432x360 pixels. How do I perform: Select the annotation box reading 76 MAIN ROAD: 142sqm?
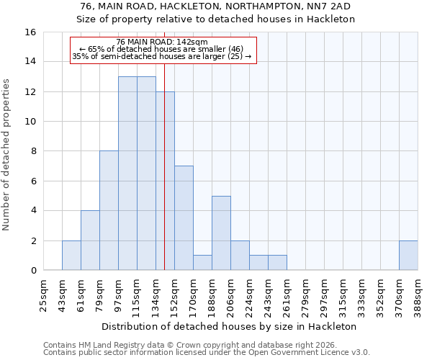tap(163, 50)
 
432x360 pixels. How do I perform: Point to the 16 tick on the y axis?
tap(31, 32)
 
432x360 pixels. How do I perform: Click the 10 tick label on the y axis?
tap(31, 122)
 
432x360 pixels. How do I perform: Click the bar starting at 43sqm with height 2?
tap(71, 255)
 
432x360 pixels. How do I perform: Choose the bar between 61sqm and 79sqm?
tap(90, 240)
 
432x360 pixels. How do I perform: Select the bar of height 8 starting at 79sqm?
tap(109, 210)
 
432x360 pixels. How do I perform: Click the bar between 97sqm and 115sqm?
tap(127, 173)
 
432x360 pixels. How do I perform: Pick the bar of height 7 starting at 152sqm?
tap(184, 218)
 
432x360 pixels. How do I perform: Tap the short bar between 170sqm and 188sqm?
tap(202, 263)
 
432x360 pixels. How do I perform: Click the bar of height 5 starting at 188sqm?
tap(221, 233)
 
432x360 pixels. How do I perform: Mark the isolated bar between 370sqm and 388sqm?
tap(408, 255)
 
